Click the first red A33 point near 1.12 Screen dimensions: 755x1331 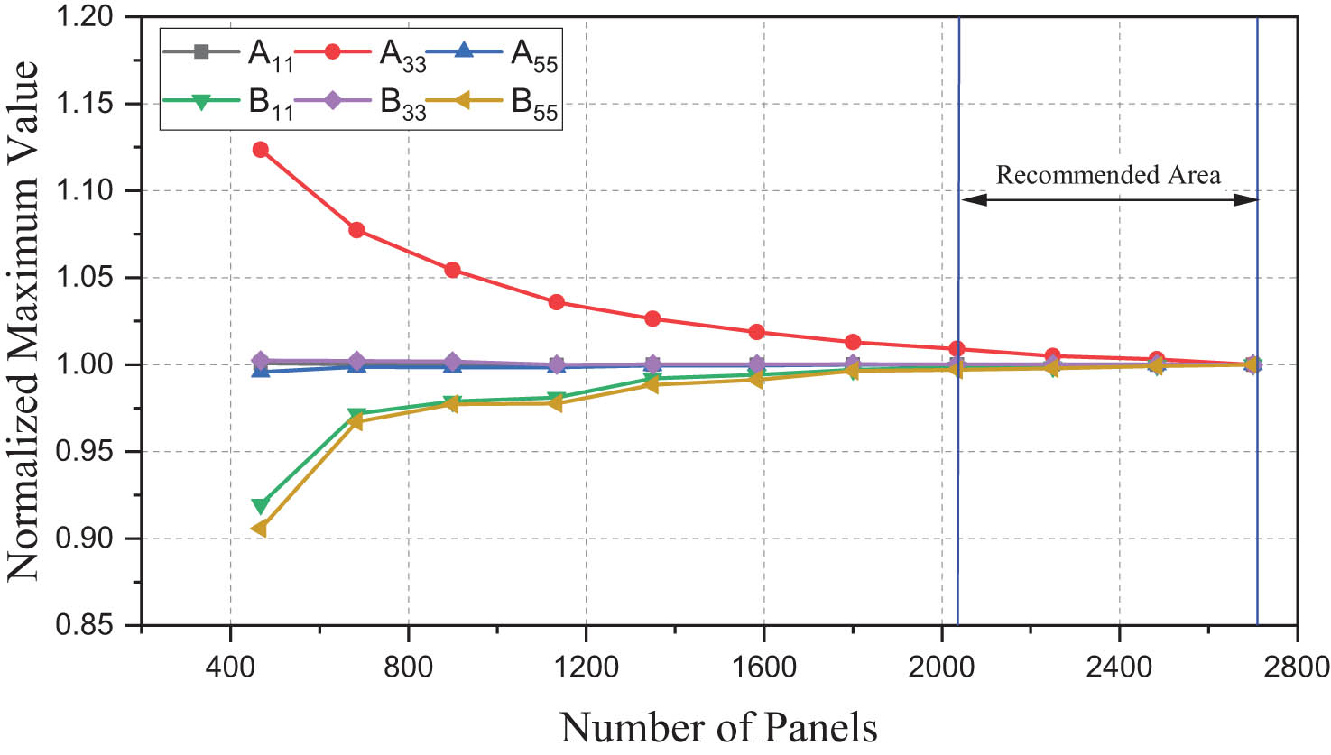click(260, 150)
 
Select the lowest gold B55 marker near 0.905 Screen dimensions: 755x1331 click(259, 529)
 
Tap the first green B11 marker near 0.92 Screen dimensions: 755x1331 click(261, 506)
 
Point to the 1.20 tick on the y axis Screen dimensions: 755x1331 click(87, 17)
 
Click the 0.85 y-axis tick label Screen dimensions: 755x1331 click(87, 625)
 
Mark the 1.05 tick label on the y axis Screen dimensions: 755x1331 click(87, 278)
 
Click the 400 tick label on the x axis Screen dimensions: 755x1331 click(231, 667)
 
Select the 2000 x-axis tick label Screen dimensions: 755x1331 click(941, 667)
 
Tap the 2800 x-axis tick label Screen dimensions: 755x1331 click(1296, 667)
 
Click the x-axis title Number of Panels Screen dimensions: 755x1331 click(718, 726)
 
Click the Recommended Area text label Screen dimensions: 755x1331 click(1108, 175)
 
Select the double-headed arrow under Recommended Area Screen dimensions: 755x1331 click(1109, 200)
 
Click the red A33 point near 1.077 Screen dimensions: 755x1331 click(356, 230)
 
